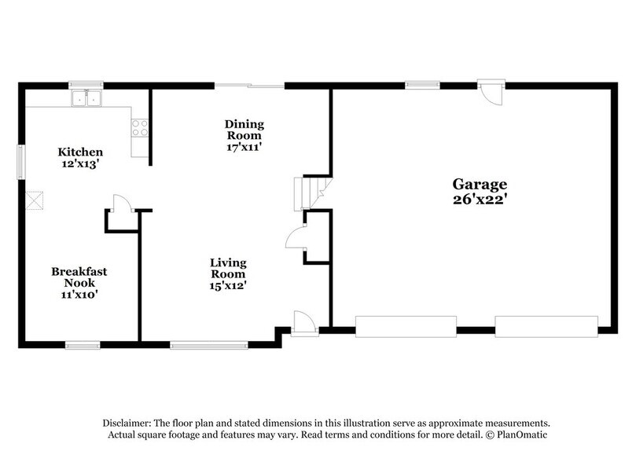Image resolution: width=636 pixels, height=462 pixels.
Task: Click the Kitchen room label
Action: tap(80, 152)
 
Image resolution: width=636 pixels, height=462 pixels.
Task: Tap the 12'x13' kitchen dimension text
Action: tap(80, 164)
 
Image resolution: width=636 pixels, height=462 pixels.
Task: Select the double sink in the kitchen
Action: tap(86, 98)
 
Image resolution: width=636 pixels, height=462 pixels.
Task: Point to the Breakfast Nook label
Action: tap(79, 277)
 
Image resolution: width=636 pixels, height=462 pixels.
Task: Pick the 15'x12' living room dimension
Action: tap(228, 286)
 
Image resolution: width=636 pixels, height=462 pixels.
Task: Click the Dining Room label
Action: tap(244, 130)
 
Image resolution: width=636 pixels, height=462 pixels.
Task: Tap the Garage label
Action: tap(479, 184)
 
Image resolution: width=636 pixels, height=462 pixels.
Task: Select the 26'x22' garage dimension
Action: tap(479, 200)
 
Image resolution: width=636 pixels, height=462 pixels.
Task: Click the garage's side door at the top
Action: tap(491, 92)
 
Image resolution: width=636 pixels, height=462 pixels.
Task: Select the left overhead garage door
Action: tap(406, 326)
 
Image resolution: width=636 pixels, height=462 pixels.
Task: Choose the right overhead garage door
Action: tap(546, 326)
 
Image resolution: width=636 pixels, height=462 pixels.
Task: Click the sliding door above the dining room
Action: tap(250, 85)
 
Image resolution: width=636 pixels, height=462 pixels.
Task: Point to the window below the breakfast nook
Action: tap(82, 344)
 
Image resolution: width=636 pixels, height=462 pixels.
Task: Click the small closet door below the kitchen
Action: tap(120, 205)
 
